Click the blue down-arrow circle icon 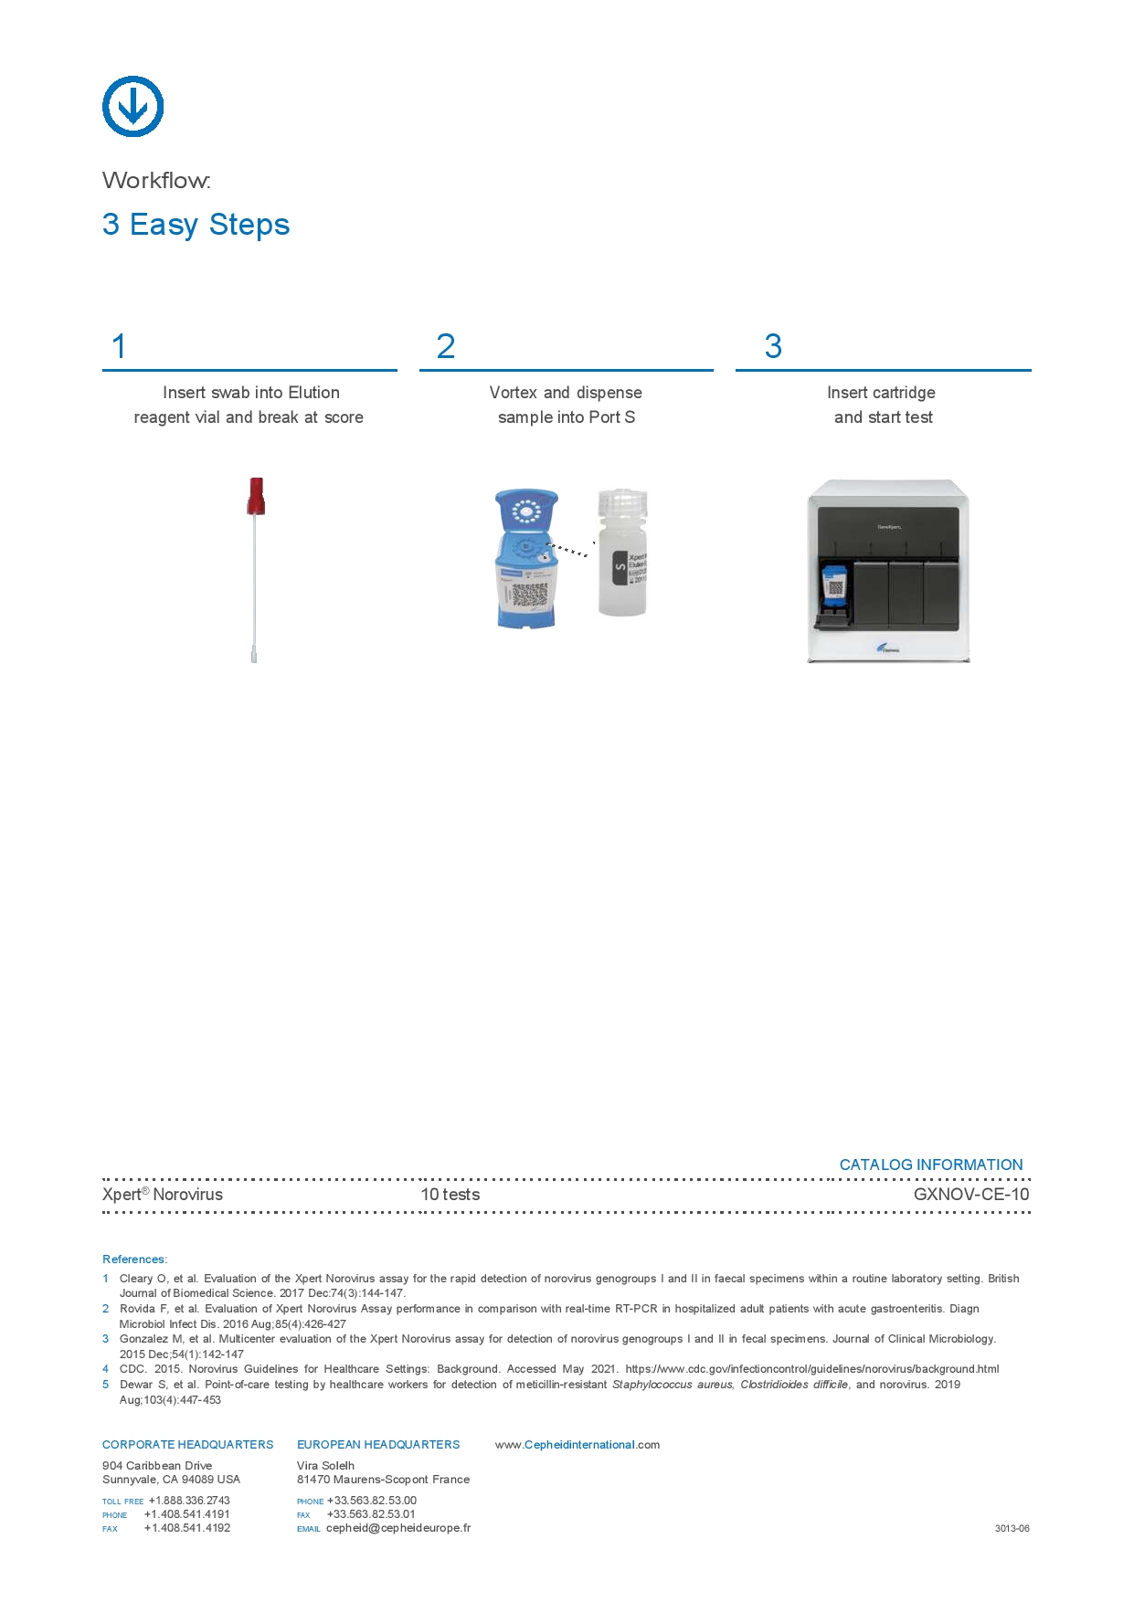(132, 106)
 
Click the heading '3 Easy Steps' (196, 225)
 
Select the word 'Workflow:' (156, 181)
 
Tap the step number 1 (119, 347)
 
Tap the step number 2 (446, 347)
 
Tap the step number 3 (773, 347)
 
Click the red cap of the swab (256, 495)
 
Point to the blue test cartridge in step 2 (526, 558)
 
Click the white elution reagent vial (622, 552)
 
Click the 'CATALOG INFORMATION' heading (930, 1165)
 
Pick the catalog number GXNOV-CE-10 (970, 1195)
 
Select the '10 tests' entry (450, 1195)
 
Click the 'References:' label (134, 1259)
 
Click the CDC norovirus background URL (811, 1369)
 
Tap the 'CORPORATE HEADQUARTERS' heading (187, 1445)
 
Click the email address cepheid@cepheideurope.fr (398, 1528)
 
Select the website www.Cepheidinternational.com (577, 1445)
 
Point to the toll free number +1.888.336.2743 (189, 1501)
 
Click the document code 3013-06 (1012, 1528)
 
